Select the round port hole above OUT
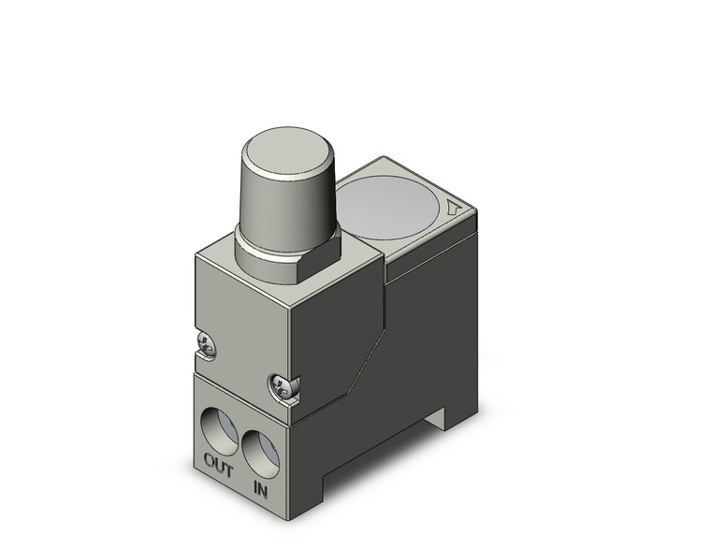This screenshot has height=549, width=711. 222,426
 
